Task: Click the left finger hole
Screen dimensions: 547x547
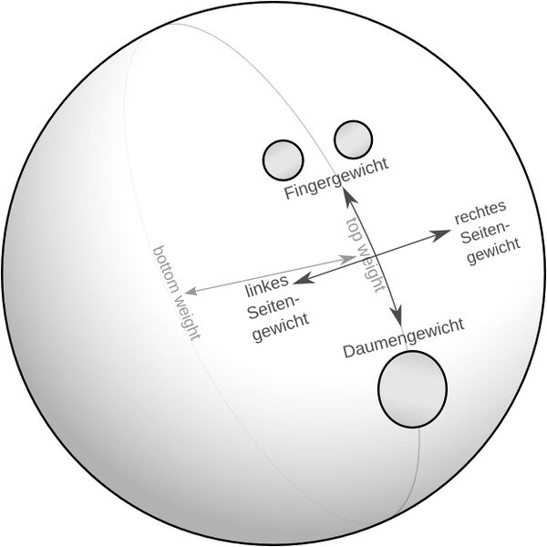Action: (283, 160)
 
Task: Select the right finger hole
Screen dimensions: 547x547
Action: (353, 139)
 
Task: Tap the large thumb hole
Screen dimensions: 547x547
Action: (412, 389)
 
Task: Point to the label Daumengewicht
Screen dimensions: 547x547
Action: (404, 337)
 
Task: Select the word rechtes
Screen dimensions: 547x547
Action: (480, 212)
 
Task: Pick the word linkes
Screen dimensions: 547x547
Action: (267, 287)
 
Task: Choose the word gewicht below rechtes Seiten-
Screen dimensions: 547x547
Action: (493, 252)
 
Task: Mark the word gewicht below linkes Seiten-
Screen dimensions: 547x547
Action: (281, 327)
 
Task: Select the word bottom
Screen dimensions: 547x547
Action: (166, 269)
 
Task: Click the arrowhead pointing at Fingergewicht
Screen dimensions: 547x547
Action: (349, 197)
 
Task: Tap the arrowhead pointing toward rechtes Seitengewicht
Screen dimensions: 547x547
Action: (439, 235)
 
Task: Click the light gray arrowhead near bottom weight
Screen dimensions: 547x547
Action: (191, 290)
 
